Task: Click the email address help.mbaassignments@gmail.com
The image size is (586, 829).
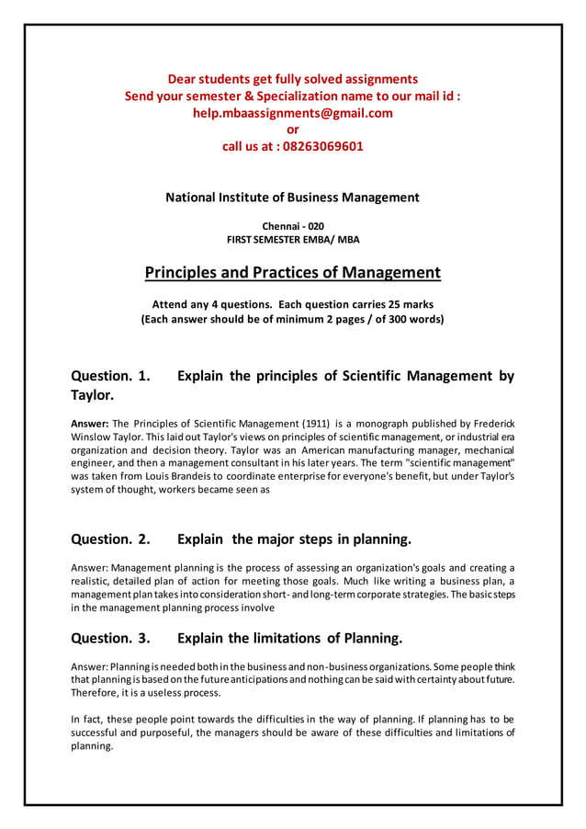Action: click(292, 113)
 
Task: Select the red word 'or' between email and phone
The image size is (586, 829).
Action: click(293, 130)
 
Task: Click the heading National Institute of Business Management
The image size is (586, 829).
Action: click(292, 197)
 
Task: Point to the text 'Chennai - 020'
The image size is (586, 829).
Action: click(293, 226)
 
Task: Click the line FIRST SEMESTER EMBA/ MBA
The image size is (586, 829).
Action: click(293, 240)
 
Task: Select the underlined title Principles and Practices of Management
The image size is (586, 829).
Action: click(292, 273)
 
